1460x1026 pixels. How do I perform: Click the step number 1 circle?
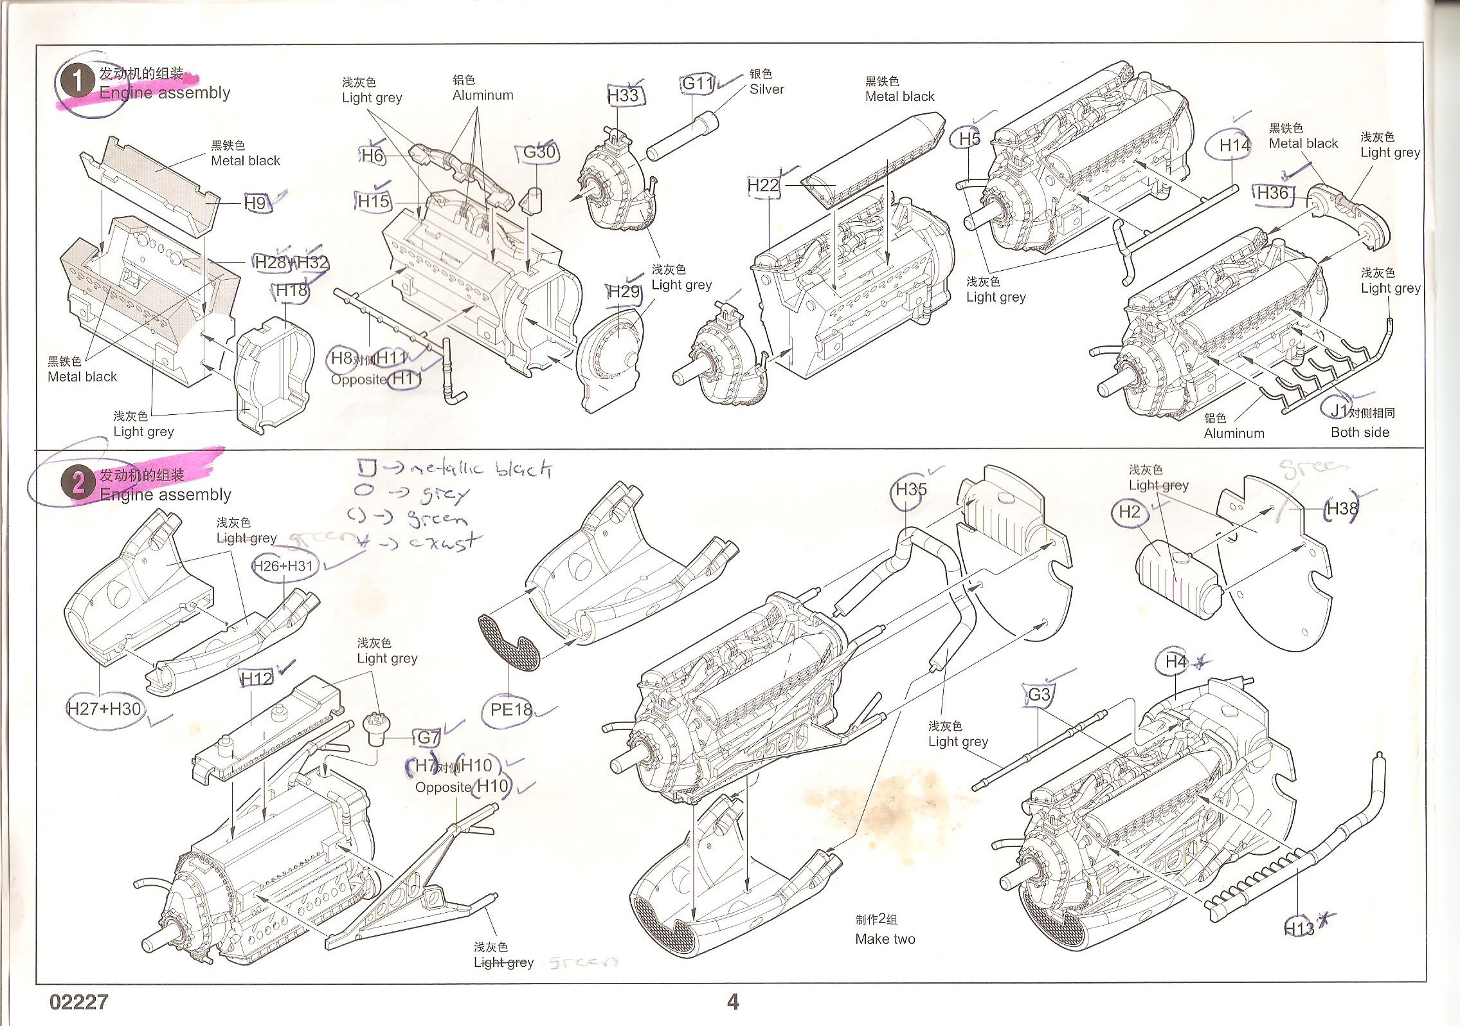(77, 82)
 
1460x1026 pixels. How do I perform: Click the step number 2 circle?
(78, 483)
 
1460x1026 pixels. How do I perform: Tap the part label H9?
(255, 203)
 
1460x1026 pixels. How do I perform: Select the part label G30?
(539, 152)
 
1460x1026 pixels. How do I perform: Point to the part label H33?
(623, 96)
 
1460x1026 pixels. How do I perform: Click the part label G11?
(698, 84)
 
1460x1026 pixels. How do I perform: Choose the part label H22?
(763, 186)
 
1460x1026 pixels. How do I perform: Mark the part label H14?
(1234, 146)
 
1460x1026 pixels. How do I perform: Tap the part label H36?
(1273, 194)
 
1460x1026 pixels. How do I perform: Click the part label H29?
(624, 291)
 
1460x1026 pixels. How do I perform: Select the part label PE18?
(511, 710)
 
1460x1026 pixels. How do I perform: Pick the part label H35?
(911, 490)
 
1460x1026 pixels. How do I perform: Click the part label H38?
(1342, 509)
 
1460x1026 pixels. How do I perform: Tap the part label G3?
(1040, 695)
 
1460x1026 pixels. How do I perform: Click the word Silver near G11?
(767, 90)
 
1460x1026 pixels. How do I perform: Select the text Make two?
(885, 939)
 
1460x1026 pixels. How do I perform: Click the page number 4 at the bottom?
(733, 1002)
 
